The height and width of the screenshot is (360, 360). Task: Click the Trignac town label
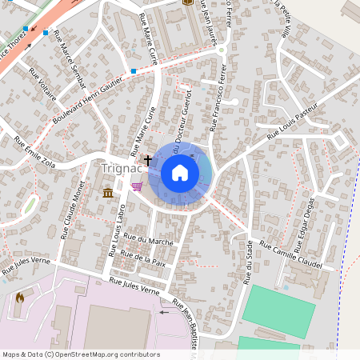(x=118, y=168)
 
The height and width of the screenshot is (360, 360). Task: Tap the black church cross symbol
(x=147, y=161)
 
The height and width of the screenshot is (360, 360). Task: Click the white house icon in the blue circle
(x=180, y=173)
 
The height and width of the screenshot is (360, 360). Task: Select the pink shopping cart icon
(x=137, y=187)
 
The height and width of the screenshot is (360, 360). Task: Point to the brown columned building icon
(x=107, y=192)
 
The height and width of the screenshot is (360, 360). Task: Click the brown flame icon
(x=19, y=298)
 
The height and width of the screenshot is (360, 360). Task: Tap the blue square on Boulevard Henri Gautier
(x=134, y=71)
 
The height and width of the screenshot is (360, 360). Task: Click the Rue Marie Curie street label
(x=148, y=50)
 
